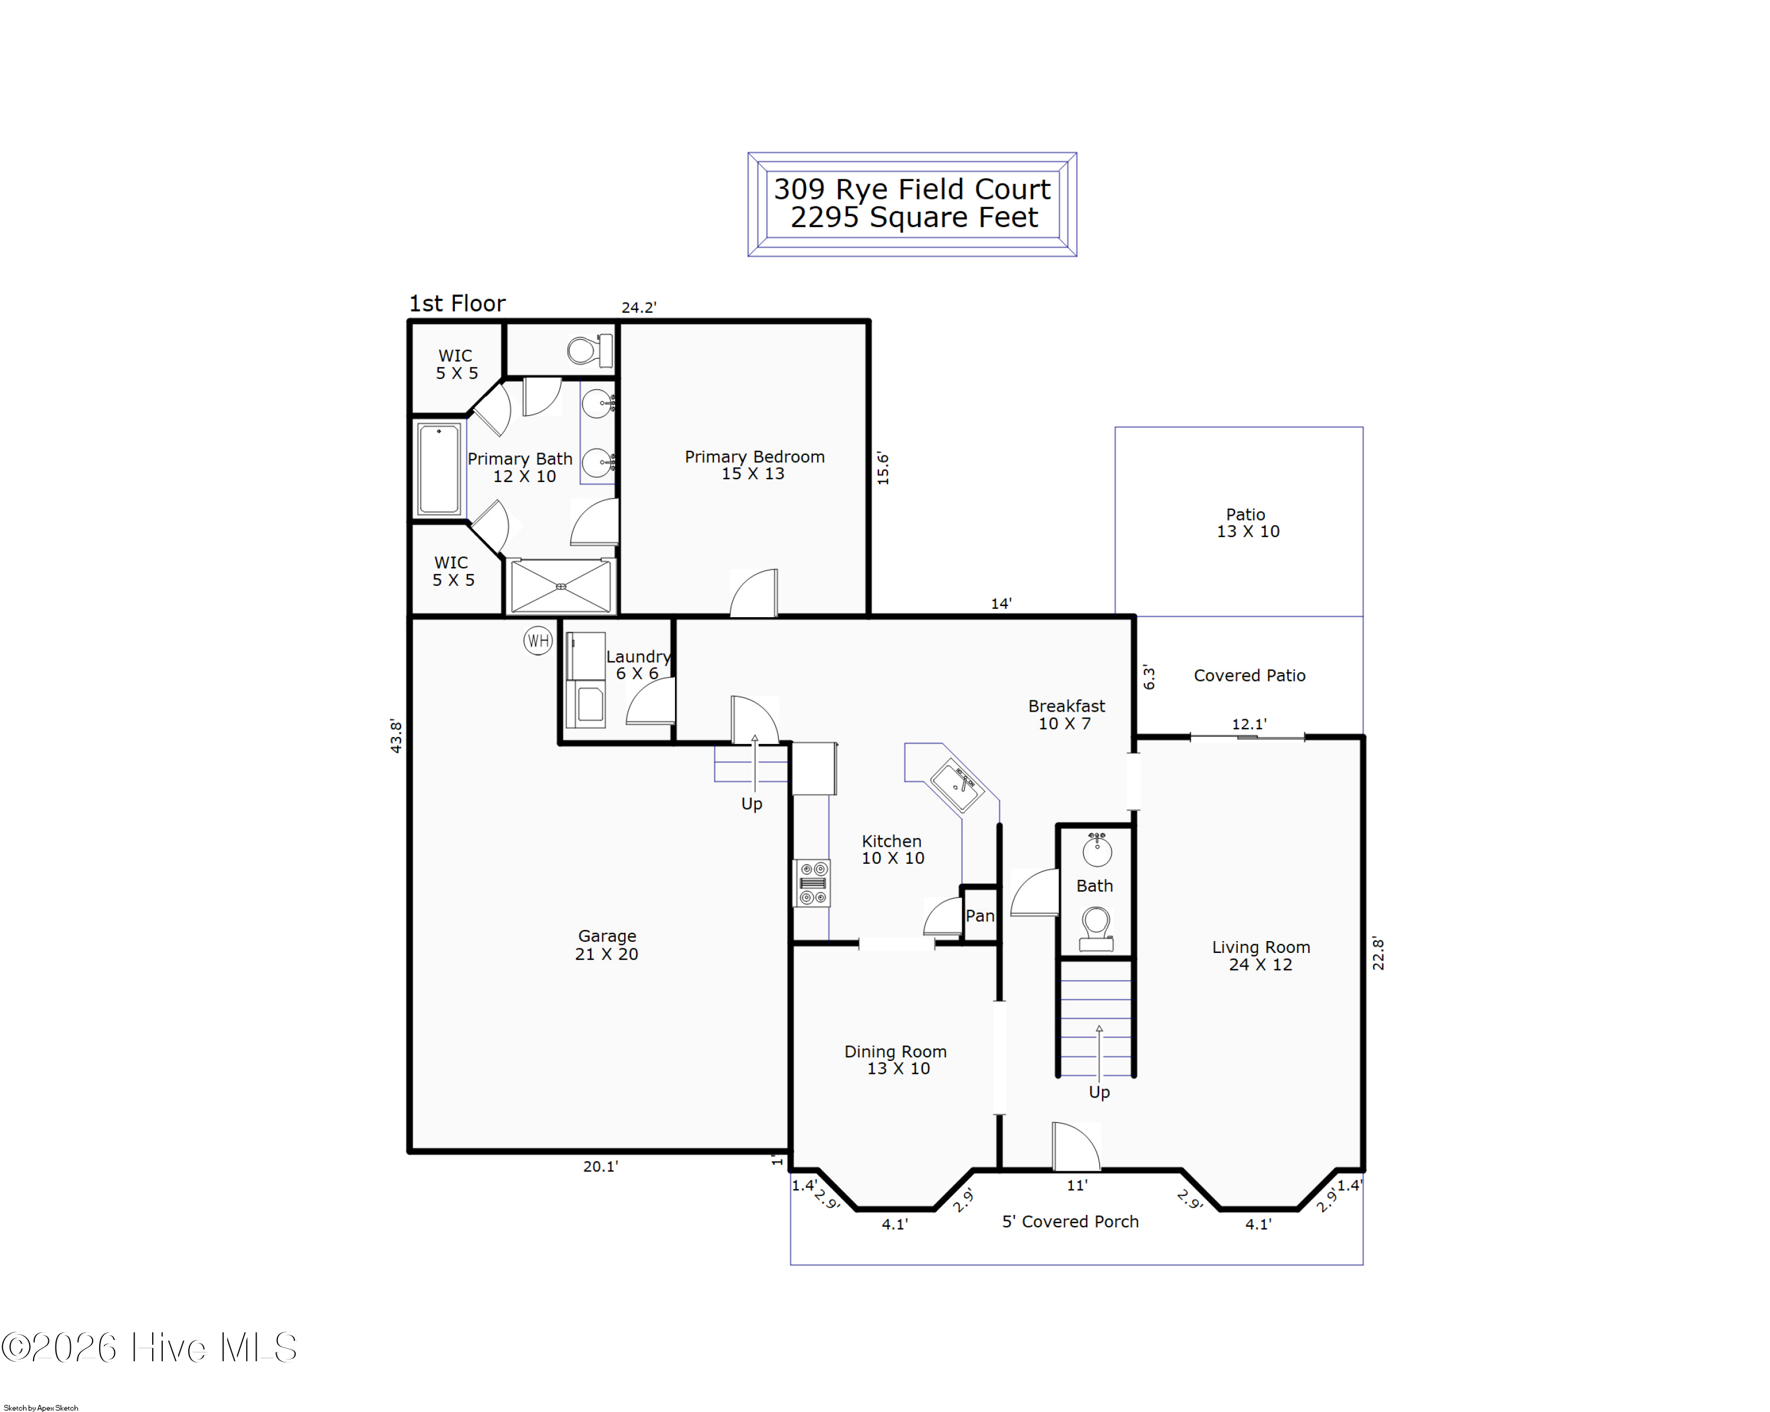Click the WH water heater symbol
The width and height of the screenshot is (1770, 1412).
(x=537, y=640)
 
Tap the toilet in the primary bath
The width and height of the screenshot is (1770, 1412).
(x=588, y=350)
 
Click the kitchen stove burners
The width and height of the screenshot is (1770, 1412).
(x=812, y=883)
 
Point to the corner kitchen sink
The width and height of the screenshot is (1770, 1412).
(x=956, y=784)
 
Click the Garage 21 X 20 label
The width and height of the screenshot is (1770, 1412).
(x=607, y=944)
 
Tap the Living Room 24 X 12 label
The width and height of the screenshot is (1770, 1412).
(x=1260, y=955)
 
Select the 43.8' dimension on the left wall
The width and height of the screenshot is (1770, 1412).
(x=396, y=736)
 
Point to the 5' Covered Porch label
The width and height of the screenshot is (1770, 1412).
(x=1070, y=1221)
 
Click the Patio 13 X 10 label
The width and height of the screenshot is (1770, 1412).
(x=1247, y=522)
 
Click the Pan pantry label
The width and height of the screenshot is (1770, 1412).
(x=979, y=915)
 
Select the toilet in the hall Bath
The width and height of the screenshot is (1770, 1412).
(x=1096, y=928)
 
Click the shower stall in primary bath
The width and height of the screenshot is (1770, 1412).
(x=560, y=585)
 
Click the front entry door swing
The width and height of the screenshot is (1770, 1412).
(x=1076, y=1148)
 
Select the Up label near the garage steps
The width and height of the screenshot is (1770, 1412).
(x=751, y=803)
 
